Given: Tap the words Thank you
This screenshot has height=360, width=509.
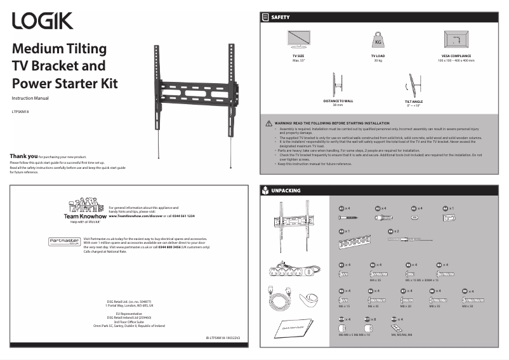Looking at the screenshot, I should point(23,156).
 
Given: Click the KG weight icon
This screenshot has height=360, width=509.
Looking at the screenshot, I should point(378,41).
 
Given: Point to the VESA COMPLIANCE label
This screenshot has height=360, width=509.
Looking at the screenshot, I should point(456,56).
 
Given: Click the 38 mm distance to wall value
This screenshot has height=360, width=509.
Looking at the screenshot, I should point(338,104).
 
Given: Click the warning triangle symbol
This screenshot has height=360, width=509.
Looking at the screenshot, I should point(269,123).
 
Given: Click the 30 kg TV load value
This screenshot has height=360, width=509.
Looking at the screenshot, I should point(378,60).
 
